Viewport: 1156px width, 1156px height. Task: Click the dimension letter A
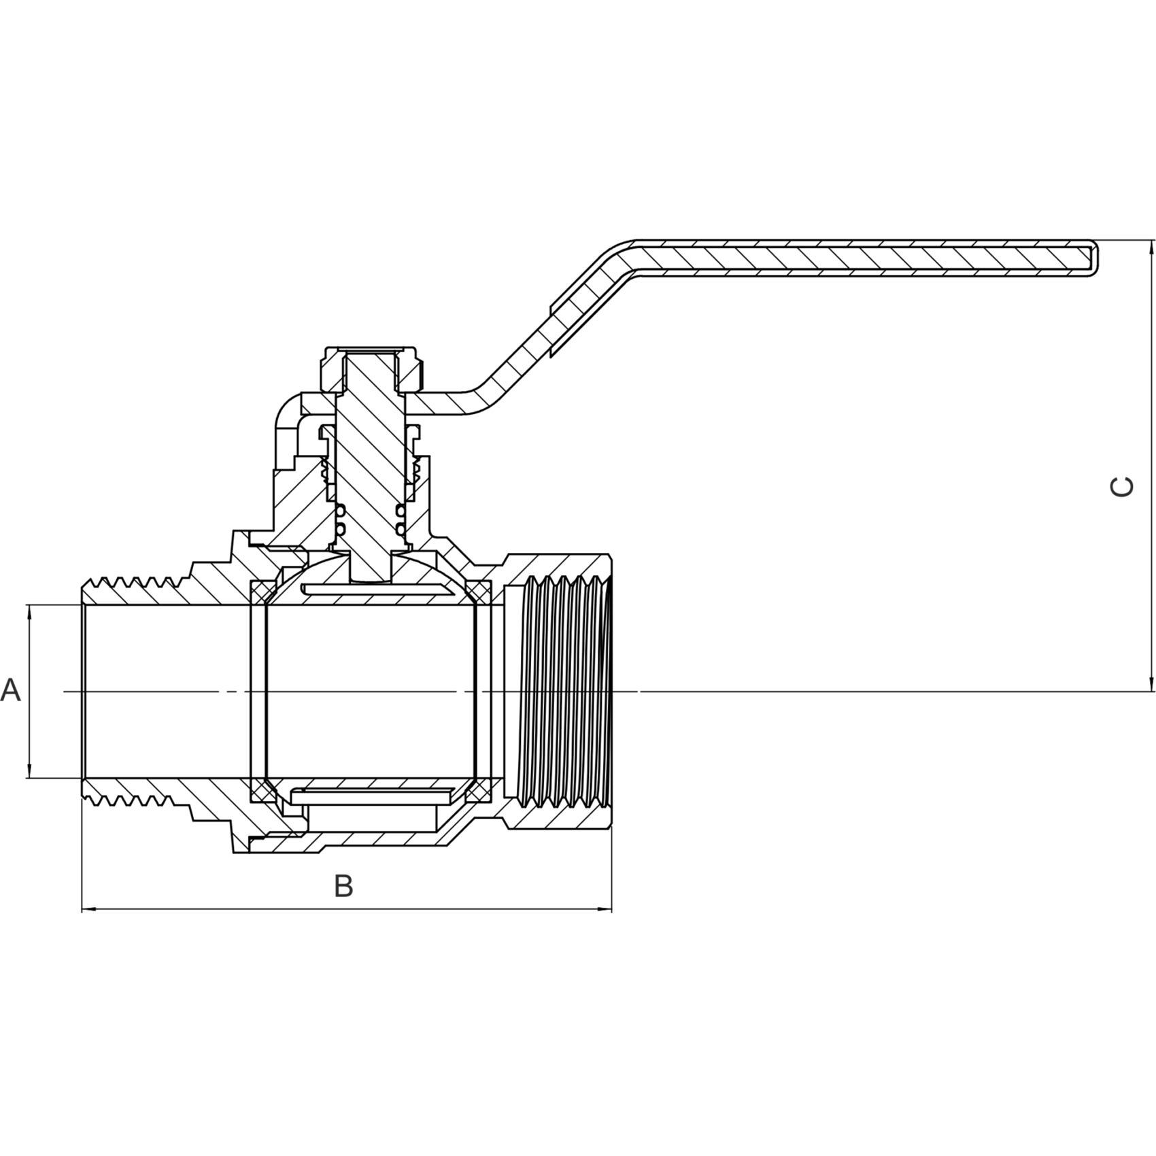pyautogui.click(x=11, y=691)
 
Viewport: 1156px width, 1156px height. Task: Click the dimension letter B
pyautogui.click(x=344, y=886)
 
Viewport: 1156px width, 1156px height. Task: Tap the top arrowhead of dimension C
pyautogui.click(x=1151, y=248)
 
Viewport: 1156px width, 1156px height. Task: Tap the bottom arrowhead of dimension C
pyautogui.click(x=1151, y=683)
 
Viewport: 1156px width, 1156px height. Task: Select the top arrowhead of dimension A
pyautogui.click(x=29, y=613)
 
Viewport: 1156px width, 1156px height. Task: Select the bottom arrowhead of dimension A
pyautogui.click(x=29, y=768)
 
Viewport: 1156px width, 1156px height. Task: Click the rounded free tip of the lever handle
pyautogui.click(x=1093, y=258)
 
